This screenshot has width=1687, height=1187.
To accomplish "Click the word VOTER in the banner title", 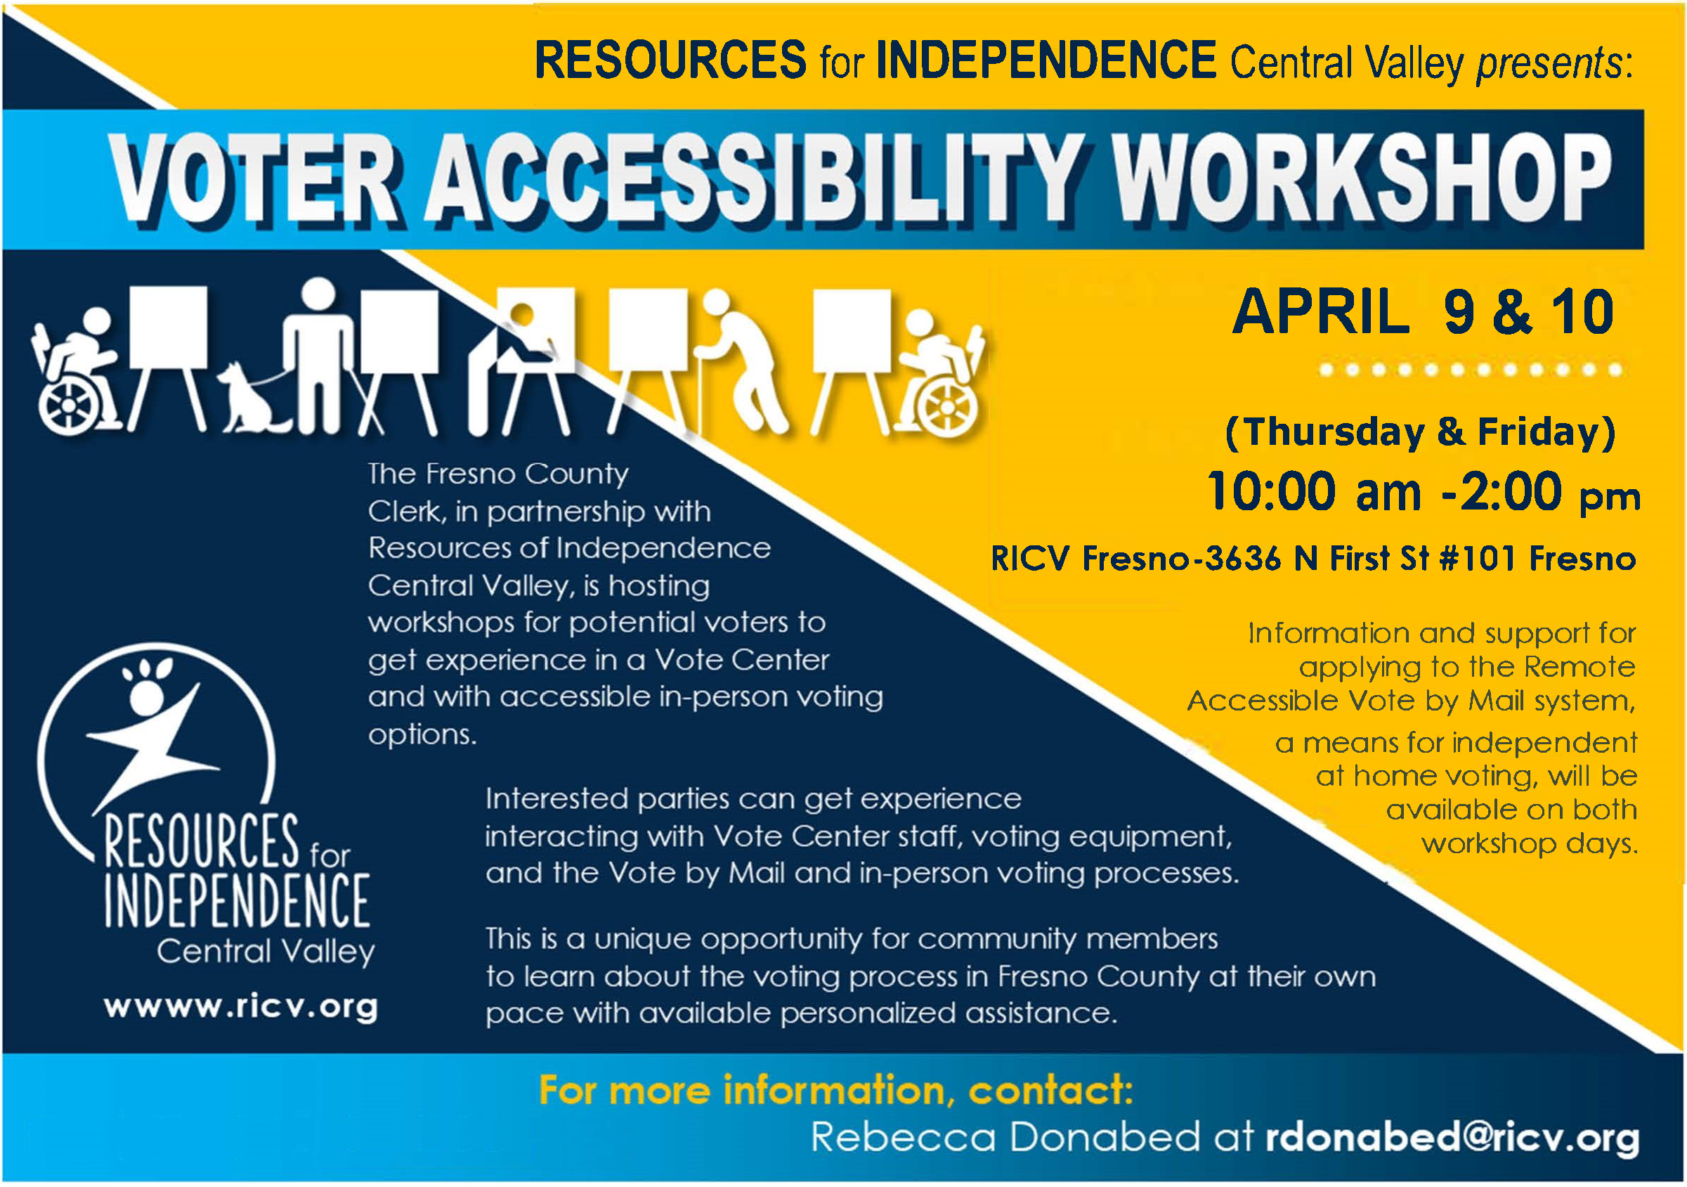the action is (x=254, y=179).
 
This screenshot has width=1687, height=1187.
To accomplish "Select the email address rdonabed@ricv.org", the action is (x=1452, y=1137).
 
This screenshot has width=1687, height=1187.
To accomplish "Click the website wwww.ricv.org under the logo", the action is (x=241, y=1007).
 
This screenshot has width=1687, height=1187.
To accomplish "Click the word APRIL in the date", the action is (x=1320, y=311).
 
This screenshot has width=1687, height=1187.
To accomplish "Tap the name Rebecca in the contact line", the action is (x=903, y=1137).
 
